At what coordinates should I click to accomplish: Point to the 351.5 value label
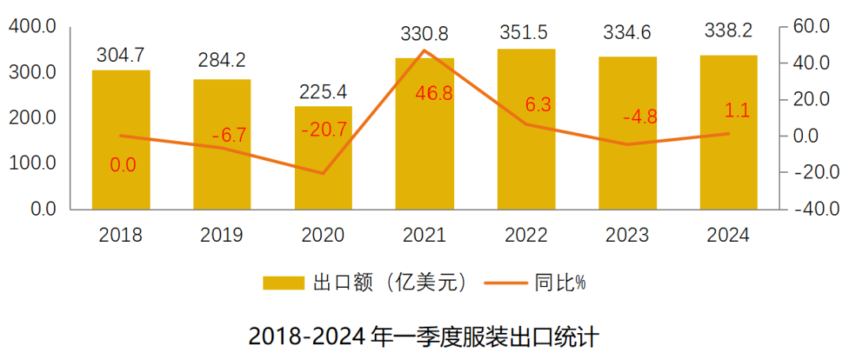tap(526, 33)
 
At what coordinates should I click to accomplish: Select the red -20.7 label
tap(324, 129)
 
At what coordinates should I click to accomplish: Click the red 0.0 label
tap(123, 165)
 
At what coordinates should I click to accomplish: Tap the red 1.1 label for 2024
tap(736, 112)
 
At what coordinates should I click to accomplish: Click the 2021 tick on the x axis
tap(425, 236)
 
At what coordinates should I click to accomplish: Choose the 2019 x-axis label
tap(222, 236)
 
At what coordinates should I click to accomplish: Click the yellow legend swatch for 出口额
tap(284, 283)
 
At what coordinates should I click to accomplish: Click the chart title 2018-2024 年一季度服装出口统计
tap(423, 335)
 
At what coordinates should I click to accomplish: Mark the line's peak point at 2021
tap(425, 51)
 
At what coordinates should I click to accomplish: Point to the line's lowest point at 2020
tap(323, 173)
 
